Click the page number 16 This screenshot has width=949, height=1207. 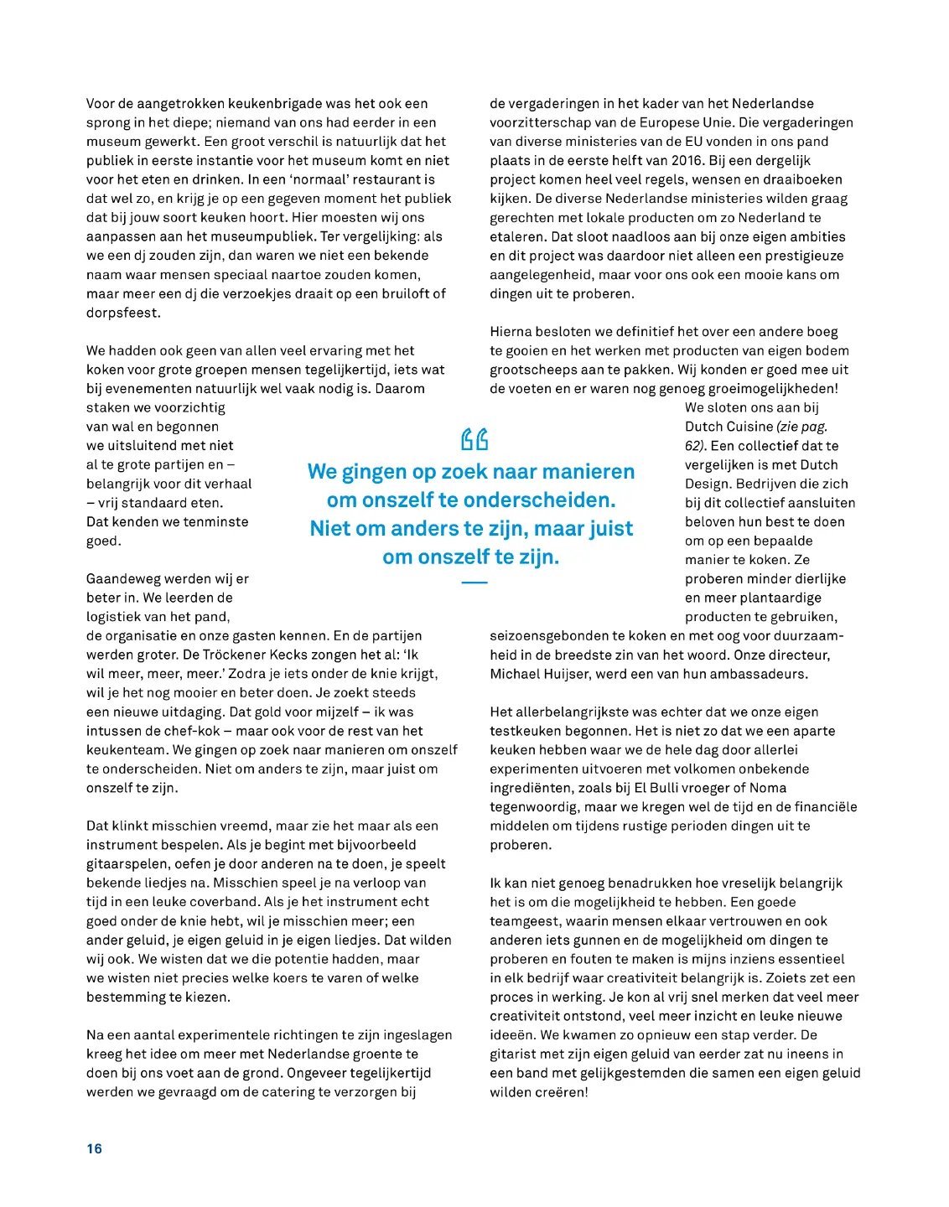coord(94,1148)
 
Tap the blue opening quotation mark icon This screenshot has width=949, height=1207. coord(474,439)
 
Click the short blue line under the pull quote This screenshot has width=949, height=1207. coord(474,582)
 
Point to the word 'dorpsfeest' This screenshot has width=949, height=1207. coord(122,313)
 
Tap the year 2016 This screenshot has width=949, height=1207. coord(687,160)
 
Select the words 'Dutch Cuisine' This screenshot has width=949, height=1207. coord(729,427)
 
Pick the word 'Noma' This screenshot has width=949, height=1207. coord(768,788)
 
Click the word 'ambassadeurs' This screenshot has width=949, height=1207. coord(765,674)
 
